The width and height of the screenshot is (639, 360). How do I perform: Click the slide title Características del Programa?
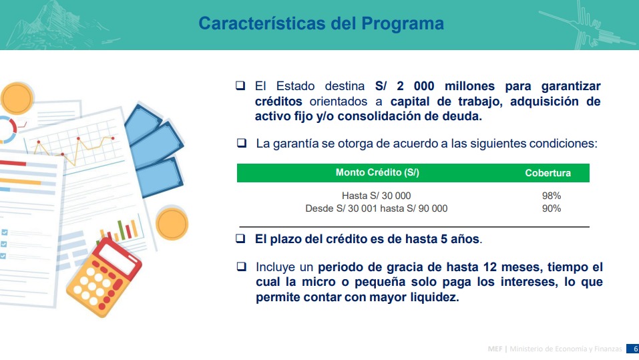coord(321,23)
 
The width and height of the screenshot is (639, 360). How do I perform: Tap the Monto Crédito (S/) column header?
coord(377,172)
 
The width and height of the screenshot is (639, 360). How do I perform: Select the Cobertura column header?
coord(548,173)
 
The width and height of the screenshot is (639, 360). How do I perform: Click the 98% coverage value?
coord(552,196)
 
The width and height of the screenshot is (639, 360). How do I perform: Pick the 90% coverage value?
coord(552,208)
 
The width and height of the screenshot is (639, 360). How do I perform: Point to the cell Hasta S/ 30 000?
coord(376,196)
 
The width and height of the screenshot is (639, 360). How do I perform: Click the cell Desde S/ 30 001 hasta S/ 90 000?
coord(376,208)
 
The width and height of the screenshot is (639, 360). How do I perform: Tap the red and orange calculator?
coord(103,277)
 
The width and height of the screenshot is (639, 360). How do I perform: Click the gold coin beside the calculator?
coord(172,224)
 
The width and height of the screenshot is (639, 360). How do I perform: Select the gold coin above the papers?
coord(17,98)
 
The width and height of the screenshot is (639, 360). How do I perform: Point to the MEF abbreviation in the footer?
coord(495,349)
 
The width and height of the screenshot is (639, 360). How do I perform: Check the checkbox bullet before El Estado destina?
coord(240,85)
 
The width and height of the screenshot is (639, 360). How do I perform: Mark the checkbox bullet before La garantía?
coord(242,143)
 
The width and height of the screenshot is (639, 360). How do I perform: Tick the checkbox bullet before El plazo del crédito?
coord(240,238)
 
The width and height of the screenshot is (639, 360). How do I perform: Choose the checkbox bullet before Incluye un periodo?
coord(242,266)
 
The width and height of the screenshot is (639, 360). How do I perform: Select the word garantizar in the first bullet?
coord(571,86)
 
